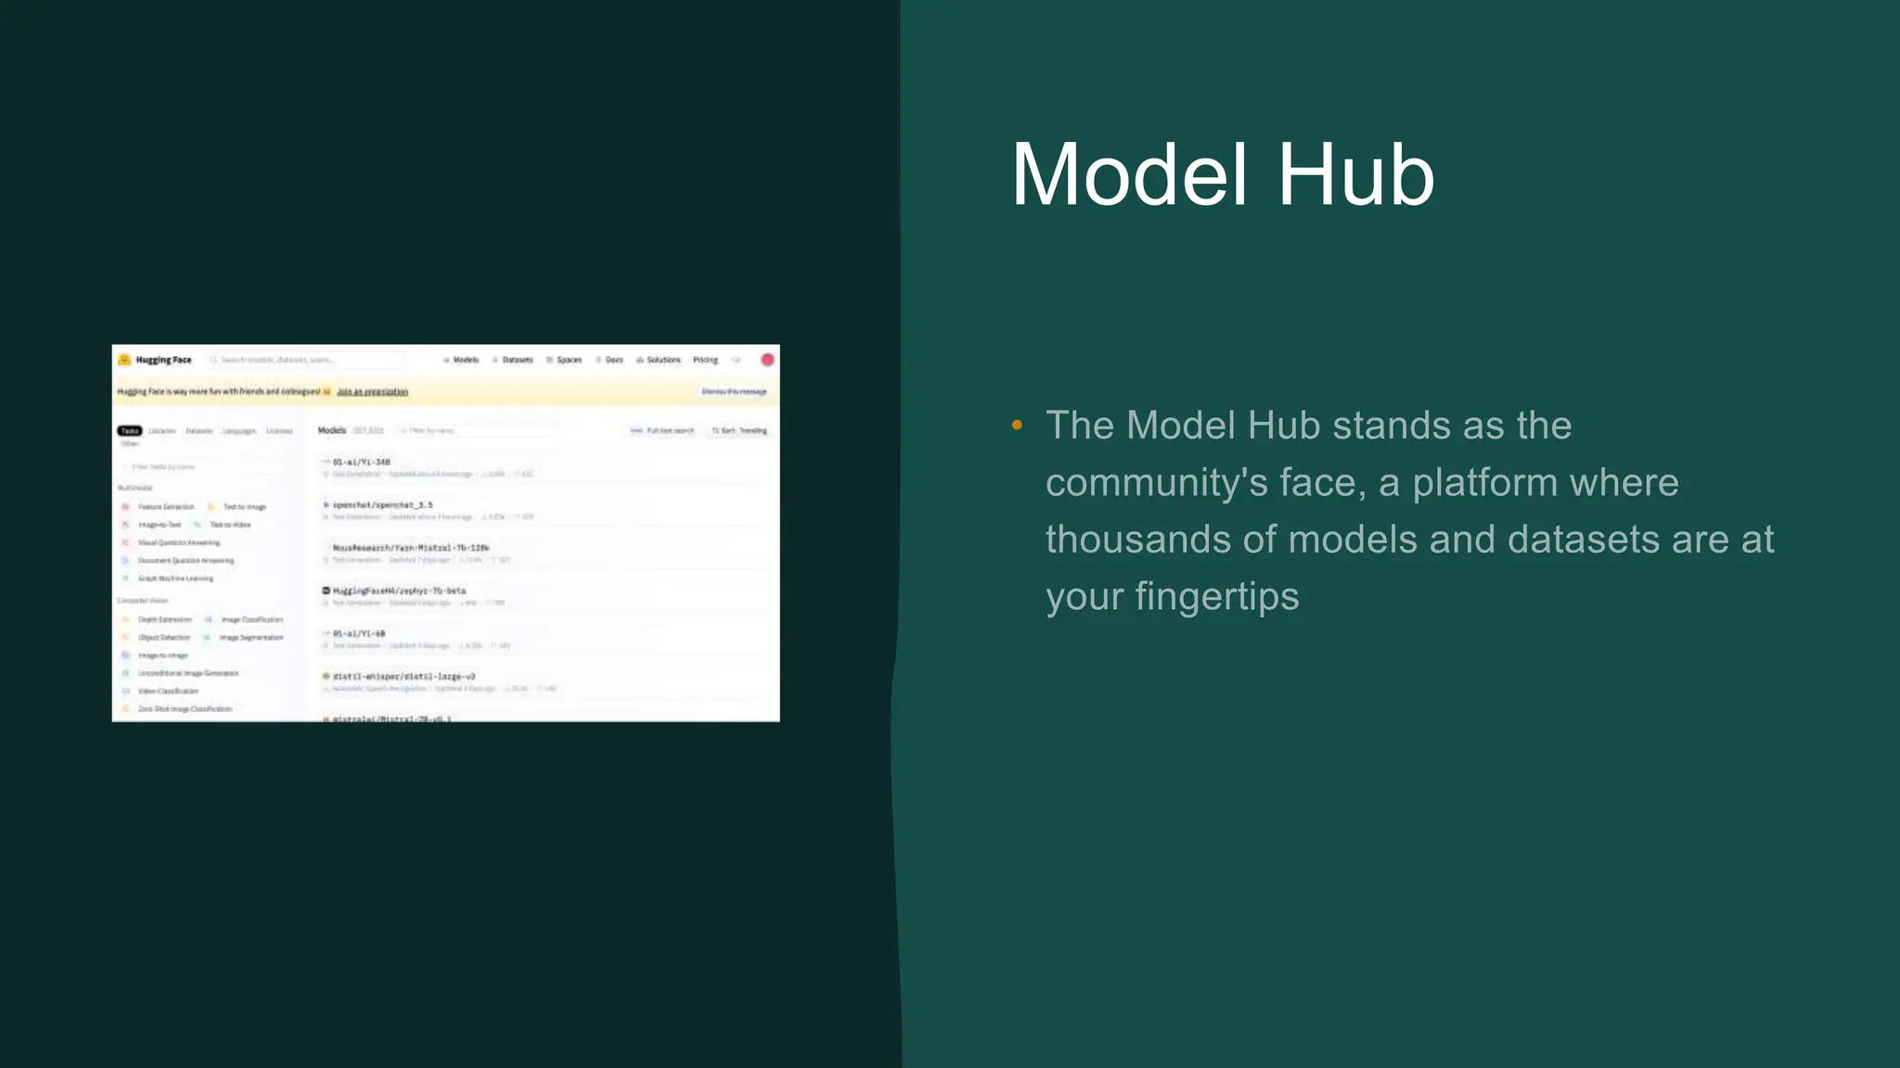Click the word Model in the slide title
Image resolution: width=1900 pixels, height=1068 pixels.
click(x=1129, y=175)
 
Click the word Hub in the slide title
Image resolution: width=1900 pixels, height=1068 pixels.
click(x=1355, y=175)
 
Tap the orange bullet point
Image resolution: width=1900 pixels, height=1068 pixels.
click(x=1017, y=426)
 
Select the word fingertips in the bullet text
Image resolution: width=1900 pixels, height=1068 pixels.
click(x=1217, y=596)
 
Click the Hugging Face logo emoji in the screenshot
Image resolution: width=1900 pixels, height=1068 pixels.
click(x=124, y=360)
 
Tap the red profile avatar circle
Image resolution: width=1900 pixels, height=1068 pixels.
click(x=767, y=360)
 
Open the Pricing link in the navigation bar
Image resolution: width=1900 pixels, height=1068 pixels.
click(x=705, y=360)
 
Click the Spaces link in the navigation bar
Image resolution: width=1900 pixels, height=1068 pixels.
click(x=569, y=360)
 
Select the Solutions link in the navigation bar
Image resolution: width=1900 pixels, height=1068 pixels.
click(x=663, y=360)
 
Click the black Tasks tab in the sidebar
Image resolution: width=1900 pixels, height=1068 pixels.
click(x=129, y=430)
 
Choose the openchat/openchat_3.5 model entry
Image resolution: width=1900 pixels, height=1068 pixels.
click(x=382, y=505)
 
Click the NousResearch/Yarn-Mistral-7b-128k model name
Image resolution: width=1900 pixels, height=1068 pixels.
click(x=410, y=548)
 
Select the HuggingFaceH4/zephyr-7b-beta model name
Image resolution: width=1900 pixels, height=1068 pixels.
click(x=399, y=591)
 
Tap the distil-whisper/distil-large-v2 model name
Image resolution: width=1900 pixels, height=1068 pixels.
click(x=404, y=677)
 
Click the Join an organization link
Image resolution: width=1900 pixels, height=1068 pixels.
click(x=372, y=392)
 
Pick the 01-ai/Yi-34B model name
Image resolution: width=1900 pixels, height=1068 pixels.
click(x=361, y=462)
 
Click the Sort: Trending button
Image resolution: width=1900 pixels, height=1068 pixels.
click(x=740, y=431)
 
